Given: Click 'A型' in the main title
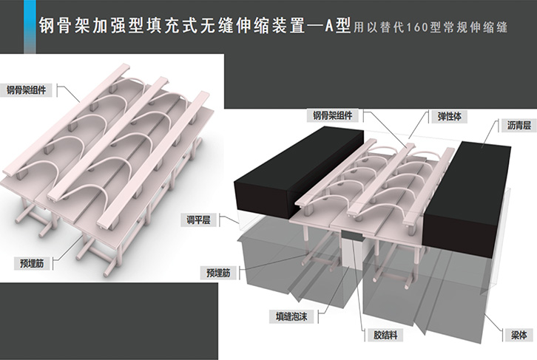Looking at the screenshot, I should [334, 26].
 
